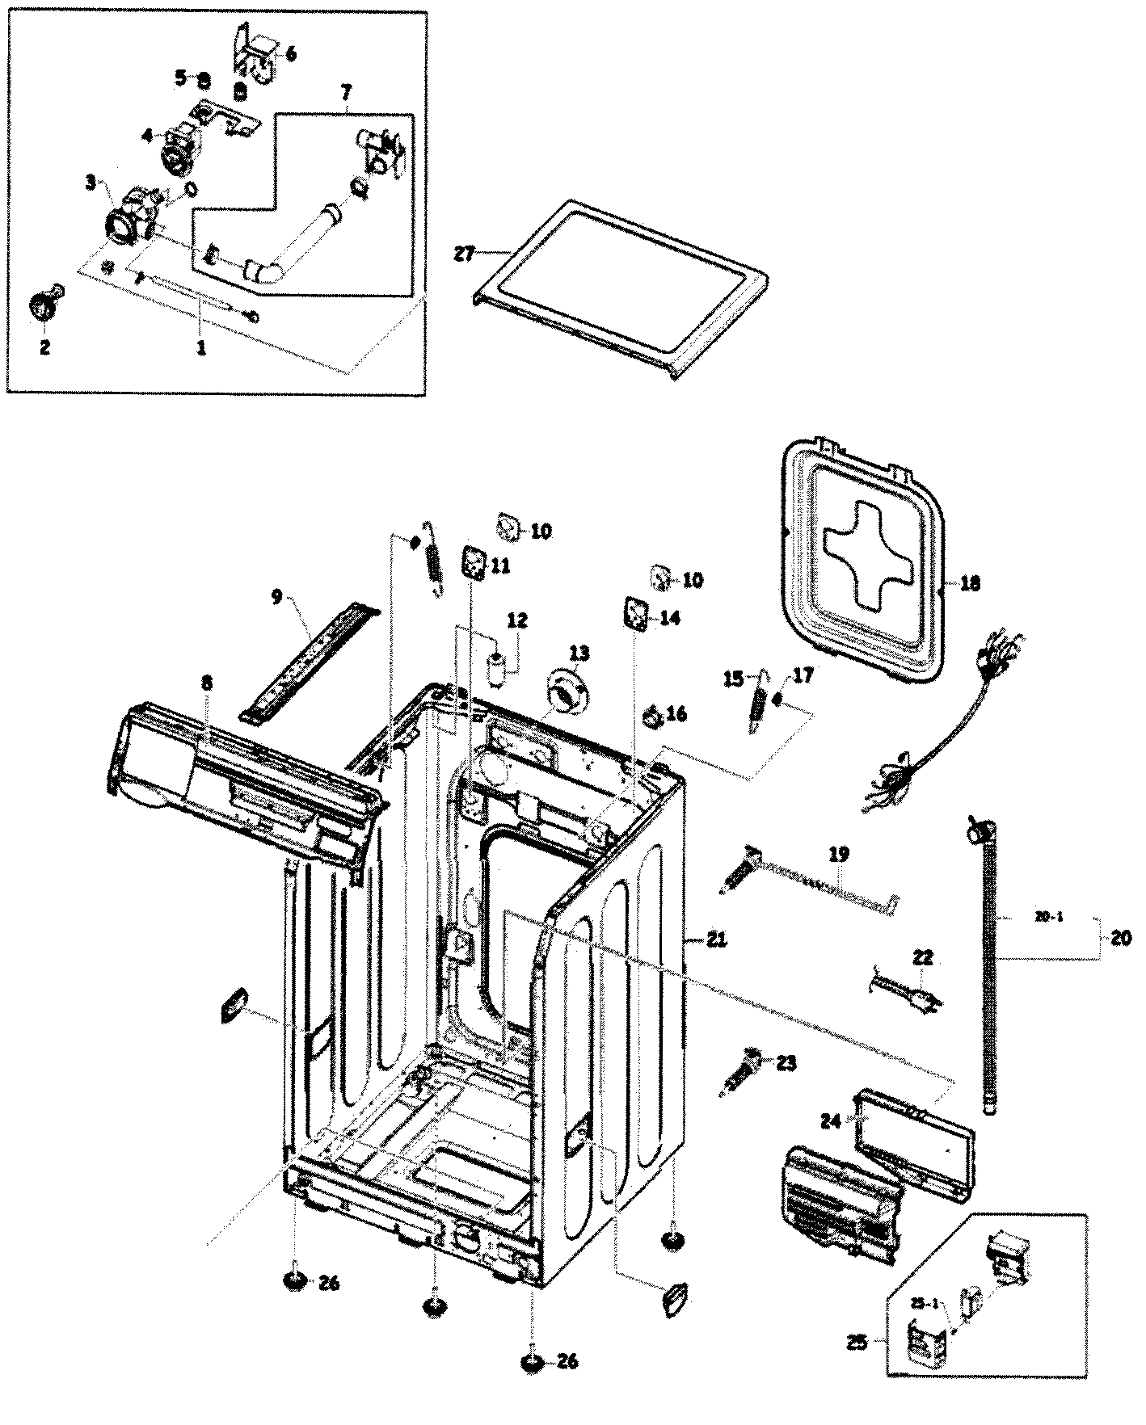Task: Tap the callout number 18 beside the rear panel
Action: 970,582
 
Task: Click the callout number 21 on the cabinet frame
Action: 716,939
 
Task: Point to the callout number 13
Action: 579,652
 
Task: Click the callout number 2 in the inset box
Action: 44,347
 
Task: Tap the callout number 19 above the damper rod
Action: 839,853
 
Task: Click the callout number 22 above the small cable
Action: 923,958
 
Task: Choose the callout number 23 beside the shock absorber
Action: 786,1063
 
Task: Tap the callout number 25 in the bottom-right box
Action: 857,1343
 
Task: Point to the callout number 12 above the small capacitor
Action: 517,620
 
